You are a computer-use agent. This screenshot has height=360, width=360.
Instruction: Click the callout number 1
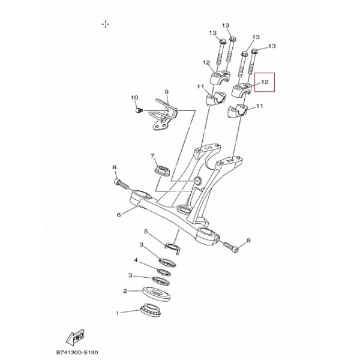[x=118, y=313]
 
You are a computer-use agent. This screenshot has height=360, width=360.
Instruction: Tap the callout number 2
[x=125, y=291]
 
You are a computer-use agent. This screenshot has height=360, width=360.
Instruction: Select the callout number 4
[x=136, y=260]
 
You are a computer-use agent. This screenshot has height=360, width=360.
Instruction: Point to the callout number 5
[x=146, y=232]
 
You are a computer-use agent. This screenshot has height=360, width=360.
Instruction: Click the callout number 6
[x=119, y=215]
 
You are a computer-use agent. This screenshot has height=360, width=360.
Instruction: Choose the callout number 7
[x=152, y=156]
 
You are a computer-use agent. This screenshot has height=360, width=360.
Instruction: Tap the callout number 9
[x=166, y=92]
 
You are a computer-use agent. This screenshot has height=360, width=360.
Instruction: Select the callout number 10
[x=134, y=98]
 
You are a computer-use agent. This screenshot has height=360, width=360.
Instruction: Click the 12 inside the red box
[x=265, y=82]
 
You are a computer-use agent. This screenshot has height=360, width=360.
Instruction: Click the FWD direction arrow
[x=76, y=337]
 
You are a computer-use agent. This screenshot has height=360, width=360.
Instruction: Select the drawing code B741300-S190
[x=77, y=352]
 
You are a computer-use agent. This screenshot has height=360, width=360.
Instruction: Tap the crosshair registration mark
[x=106, y=24]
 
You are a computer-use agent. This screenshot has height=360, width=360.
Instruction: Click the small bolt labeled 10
[x=139, y=110]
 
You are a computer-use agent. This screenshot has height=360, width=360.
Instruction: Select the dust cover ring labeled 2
[x=157, y=293]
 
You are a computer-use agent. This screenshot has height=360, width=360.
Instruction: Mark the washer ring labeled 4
[x=164, y=272]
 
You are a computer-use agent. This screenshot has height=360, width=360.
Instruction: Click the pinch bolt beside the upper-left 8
[x=121, y=184]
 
